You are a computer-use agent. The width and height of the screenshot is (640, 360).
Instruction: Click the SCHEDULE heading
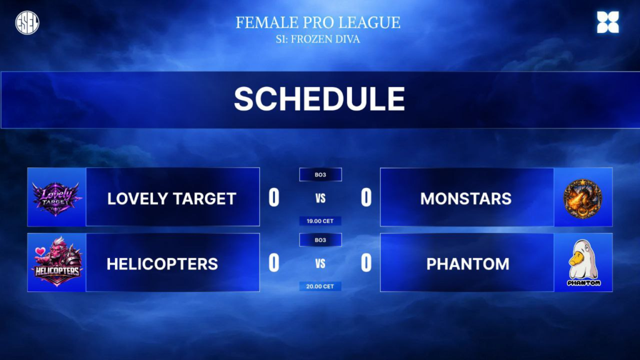319,99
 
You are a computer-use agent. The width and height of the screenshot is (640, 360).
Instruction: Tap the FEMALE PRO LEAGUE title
318,22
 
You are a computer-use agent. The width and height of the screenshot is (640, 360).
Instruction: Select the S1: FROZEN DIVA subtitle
318,39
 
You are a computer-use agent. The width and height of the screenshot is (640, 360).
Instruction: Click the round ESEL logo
27,22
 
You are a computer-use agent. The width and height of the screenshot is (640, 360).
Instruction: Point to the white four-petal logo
607,22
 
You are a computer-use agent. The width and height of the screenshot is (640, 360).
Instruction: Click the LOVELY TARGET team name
172,199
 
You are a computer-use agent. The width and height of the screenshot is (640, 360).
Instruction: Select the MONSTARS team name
466,199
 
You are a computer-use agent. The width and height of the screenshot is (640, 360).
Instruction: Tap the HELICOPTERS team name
162,264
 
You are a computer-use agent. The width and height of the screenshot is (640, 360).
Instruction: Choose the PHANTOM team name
467,264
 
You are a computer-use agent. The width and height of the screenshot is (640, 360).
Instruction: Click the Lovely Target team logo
56,198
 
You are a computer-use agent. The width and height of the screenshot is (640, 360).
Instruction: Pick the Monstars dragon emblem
583,198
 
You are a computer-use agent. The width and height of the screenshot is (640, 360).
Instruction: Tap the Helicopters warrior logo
56,262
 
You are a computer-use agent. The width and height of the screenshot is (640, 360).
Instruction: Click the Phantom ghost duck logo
584,262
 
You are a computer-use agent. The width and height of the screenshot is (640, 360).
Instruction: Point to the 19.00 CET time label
321,221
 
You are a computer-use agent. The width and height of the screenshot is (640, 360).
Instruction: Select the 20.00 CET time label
321,286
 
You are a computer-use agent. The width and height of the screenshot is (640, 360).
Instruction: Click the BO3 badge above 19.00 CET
321,175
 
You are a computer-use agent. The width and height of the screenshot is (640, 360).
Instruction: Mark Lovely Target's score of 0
274,198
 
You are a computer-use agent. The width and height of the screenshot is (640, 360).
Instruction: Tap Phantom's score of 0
366,263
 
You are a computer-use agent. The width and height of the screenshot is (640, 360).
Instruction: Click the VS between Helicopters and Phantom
321,264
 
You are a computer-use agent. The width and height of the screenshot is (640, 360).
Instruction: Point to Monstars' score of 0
366,198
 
